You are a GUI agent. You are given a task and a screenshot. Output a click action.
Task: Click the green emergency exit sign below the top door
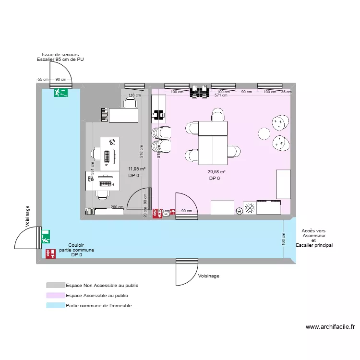point(60,92)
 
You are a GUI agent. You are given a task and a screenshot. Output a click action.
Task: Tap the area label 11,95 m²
point(136,169)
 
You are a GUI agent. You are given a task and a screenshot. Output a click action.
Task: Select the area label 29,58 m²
point(216,172)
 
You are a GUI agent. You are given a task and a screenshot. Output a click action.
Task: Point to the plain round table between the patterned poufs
point(264,133)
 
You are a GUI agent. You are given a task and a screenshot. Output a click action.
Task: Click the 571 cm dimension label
point(221,96)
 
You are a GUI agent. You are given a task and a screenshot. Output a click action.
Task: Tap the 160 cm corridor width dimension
point(284,239)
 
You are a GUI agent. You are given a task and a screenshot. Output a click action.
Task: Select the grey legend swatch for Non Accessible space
point(55,285)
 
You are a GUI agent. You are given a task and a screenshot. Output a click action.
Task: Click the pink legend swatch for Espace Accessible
point(55,296)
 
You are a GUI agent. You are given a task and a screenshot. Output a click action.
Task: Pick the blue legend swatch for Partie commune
point(55,306)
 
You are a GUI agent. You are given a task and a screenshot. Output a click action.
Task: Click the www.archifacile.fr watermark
point(330,327)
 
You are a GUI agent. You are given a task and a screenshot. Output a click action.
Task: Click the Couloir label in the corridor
point(76,245)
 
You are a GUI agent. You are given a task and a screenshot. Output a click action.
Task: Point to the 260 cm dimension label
point(117,207)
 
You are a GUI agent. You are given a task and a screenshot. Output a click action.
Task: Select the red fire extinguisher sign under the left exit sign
point(48,253)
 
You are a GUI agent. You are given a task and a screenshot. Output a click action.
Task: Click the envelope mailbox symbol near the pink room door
point(166,215)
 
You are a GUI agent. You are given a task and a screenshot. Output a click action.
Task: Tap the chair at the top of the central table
point(217,114)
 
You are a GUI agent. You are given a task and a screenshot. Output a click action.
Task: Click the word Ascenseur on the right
point(314,236)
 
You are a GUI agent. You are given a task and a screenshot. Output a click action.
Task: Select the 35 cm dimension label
point(286,92)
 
